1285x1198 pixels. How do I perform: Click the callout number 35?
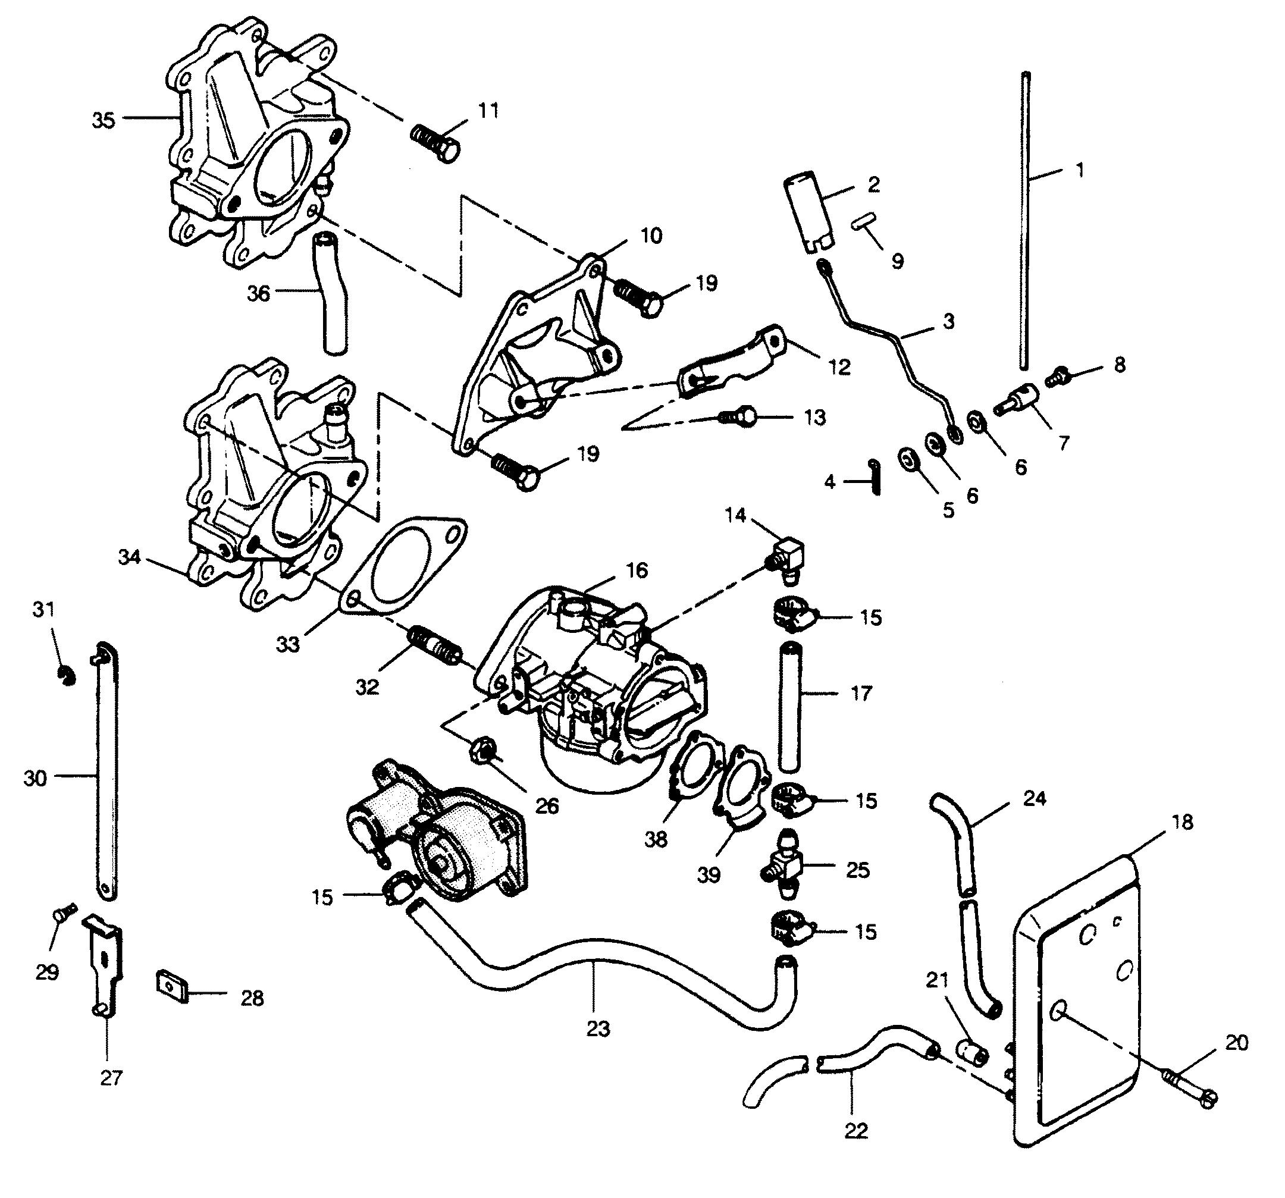(x=104, y=120)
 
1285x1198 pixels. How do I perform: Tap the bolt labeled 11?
(x=435, y=143)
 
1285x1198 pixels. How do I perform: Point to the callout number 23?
(x=598, y=1028)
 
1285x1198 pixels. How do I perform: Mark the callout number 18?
(x=1182, y=823)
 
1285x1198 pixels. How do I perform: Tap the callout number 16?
(x=637, y=570)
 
